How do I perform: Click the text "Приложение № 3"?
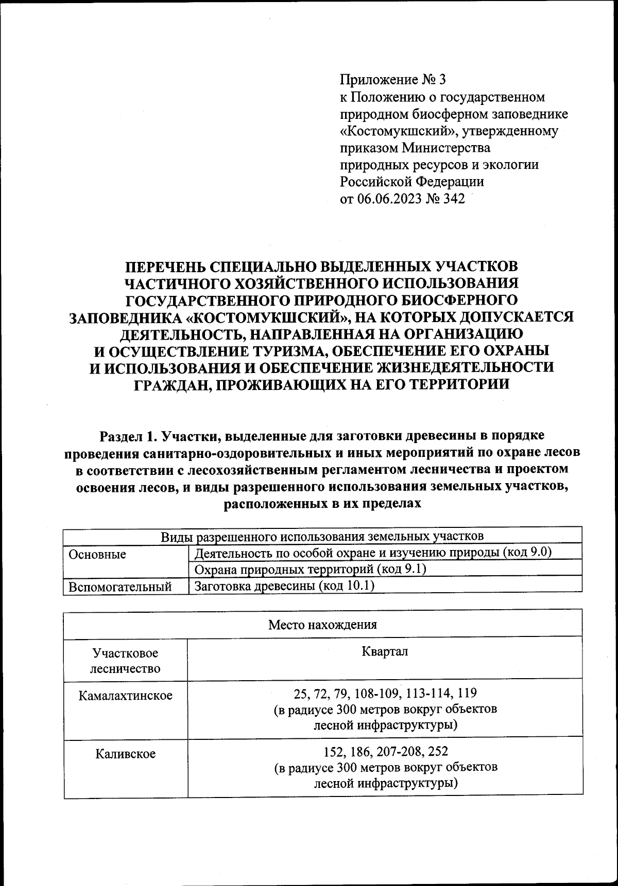pyautogui.click(x=393, y=80)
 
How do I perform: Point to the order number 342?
pyautogui.click(x=453, y=199)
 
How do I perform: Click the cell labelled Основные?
pyautogui.click(x=97, y=554)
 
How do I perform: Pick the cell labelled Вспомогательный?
pyautogui.click(x=120, y=587)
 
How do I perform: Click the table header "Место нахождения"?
pyautogui.click(x=322, y=625)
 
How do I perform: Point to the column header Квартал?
pyautogui.click(x=385, y=651)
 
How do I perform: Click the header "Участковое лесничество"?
pyautogui.click(x=125, y=661)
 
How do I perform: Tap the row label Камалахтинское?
pyautogui.click(x=125, y=696)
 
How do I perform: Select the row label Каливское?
pyautogui.click(x=125, y=754)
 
